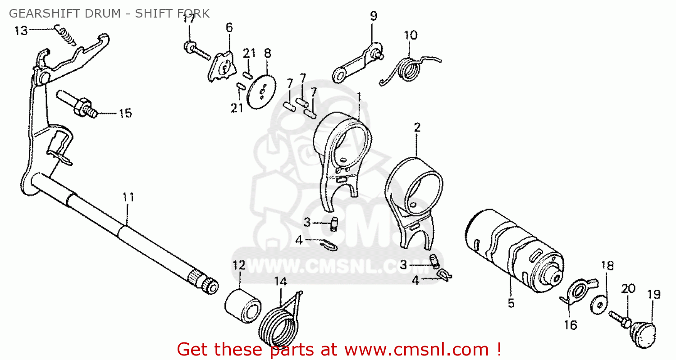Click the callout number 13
pos(21,31)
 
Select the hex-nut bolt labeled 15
pos(77,104)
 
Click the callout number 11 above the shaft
pos(128,197)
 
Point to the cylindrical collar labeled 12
pos(243,306)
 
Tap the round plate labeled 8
pos(261,92)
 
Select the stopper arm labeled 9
pos(358,63)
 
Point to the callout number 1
pos(359,97)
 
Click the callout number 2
pos(417,128)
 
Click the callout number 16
pos(571,325)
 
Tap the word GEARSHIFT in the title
pos(45,14)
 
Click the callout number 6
pos(229,27)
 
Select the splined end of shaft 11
pos(203,281)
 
